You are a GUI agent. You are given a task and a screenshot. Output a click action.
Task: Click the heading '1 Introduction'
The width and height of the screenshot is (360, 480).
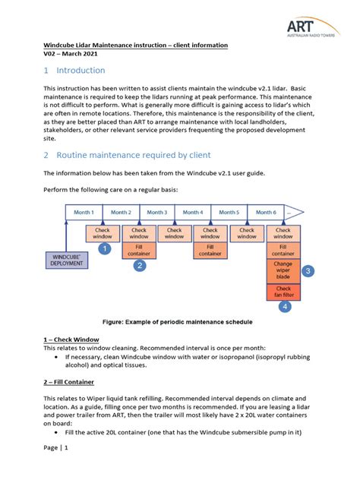(74, 71)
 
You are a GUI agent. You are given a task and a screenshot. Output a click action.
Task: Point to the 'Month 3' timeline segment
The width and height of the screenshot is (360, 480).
(156, 212)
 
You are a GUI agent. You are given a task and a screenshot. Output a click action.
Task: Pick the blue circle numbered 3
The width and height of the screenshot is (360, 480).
(308, 270)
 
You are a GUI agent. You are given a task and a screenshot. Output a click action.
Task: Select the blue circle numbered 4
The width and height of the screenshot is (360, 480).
(283, 307)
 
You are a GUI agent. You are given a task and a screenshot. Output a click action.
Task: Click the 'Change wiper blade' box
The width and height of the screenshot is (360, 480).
(283, 270)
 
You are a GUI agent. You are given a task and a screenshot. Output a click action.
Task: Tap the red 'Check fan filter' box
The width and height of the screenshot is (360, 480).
(283, 292)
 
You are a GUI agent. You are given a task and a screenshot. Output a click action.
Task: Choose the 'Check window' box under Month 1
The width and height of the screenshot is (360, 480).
(103, 233)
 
